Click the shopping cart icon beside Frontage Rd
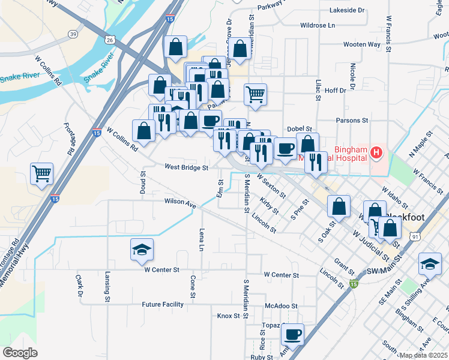tap(41, 174)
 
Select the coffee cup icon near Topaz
tap(292, 334)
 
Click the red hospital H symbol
tap(376, 153)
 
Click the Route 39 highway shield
tap(73, 34)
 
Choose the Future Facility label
tap(162, 304)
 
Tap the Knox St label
tap(228, 316)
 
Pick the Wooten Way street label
tap(362, 44)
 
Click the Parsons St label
tap(352, 120)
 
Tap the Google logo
tap(20, 353)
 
